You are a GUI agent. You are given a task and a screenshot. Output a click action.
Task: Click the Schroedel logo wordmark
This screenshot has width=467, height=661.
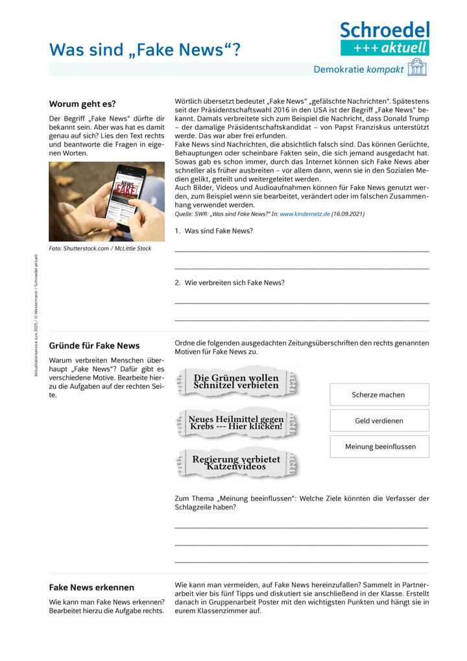pyautogui.click(x=385, y=29)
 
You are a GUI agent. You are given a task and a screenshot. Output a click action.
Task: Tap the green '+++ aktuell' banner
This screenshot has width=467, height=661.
pyautogui.click(x=385, y=47)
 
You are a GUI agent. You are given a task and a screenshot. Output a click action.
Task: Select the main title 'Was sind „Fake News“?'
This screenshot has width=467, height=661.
pyautogui.click(x=145, y=49)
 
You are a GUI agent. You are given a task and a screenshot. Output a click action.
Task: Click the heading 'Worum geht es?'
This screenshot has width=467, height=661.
pyautogui.click(x=82, y=104)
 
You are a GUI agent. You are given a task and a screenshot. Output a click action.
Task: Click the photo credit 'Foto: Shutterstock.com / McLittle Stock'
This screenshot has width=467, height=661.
pyautogui.click(x=100, y=248)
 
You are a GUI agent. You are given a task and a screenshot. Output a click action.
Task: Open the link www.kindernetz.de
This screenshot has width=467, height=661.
pyautogui.click(x=304, y=213)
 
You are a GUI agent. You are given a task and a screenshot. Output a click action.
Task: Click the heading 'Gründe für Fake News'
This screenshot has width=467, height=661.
pyautogui.click(x=94, y=346)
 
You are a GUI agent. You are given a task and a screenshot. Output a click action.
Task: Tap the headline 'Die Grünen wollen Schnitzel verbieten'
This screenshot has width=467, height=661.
pyautogui.click(x=236, y=381)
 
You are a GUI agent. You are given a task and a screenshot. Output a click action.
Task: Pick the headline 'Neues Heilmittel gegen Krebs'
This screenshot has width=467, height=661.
pyautogui.click(x=236, y=422)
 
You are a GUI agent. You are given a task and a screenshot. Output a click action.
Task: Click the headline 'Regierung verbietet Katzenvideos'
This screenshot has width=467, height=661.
pyautogui.click(x=236, y=463)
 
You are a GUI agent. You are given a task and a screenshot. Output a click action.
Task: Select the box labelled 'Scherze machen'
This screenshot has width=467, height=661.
pyautogui.click(x=379, y=394)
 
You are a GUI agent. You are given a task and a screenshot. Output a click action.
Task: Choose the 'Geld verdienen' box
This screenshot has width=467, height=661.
pyautogui.click(x=379, y=420)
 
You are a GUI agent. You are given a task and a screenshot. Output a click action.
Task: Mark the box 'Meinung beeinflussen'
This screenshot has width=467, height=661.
pyautogui.click(x=379, y=446)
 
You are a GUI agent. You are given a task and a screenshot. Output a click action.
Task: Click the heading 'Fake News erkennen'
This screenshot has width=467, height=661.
pyautogui.click(x=91, y=588)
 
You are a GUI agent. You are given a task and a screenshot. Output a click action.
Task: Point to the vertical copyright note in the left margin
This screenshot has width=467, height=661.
pyautogui.click(x=36, y=315)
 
